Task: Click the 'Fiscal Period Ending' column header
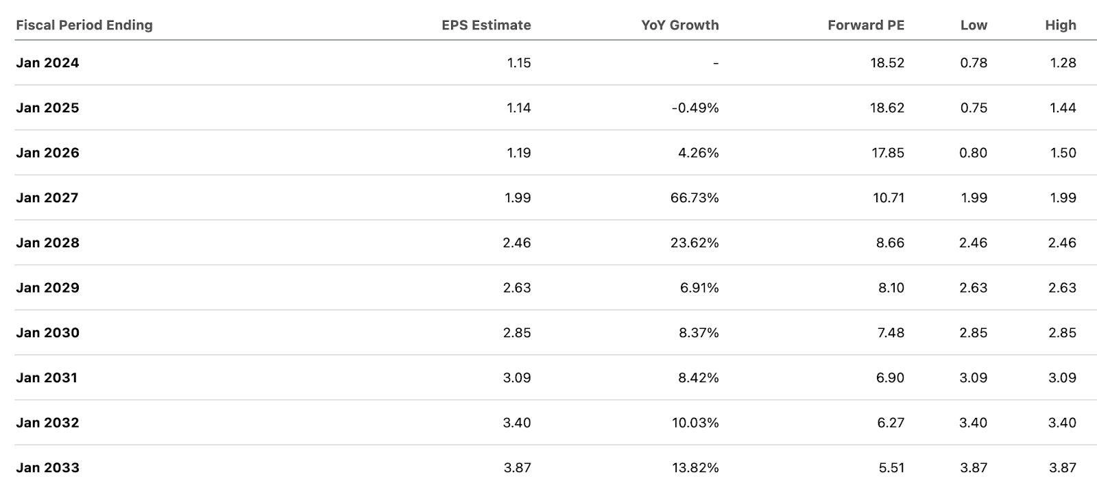pos(84,25)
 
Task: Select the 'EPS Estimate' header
pos(486,25)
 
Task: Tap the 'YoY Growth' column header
pos(679,25)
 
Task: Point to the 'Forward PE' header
pos(865,25)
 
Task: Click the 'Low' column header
pos(974,25)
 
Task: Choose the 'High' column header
pos(1060,25)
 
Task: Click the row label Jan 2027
pos(47,198)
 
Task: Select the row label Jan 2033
pos(47,468)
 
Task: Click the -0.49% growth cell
pos(695,108)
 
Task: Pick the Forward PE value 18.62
pos(887,108)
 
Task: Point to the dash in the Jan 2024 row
pos(715,63)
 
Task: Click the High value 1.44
pos(1063,108)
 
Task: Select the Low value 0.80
pos(974,153)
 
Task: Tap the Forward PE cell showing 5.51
pos(891,468)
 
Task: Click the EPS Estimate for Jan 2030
pos(517,333)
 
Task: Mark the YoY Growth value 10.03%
pos(695,423)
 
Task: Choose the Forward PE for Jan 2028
pos(890,243)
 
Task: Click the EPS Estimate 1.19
pos(518,153)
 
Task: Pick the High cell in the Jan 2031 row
pos(1062,378)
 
